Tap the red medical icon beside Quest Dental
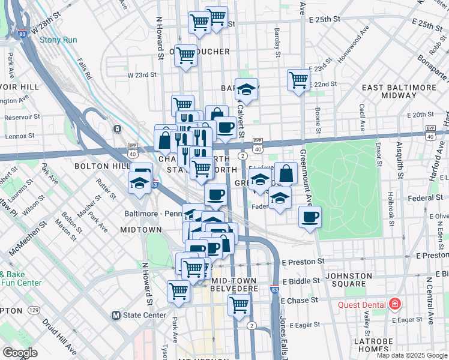click(395, 304)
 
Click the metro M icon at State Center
click(116, 315)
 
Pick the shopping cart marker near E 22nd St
click(298, 80)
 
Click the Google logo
click(20, 353)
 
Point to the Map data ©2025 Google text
click(412, 355)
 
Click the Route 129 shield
click(34, 310)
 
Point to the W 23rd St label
click(142, 76)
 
